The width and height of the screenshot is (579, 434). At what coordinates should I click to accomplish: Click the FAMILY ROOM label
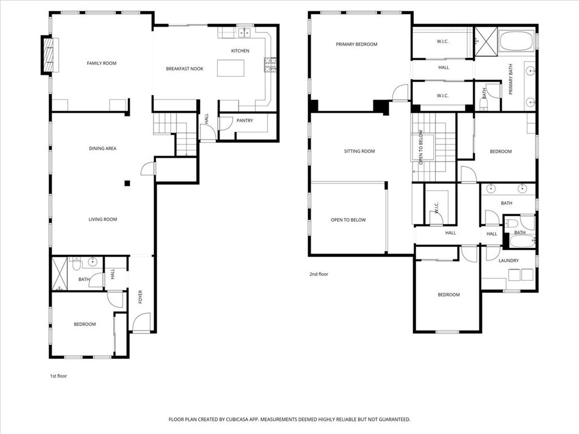click(102, 63)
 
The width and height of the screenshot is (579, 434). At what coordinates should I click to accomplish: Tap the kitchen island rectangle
click(231, 68)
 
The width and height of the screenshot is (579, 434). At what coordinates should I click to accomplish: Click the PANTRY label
click(245, 120)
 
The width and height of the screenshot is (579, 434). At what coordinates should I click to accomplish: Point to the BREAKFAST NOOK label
click(185, 68)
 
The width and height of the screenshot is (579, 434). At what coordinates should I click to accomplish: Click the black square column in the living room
click(127, 183)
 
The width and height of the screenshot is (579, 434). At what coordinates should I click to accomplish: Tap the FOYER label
click(140, 297)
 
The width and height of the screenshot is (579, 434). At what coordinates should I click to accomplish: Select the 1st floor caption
click(58, 376)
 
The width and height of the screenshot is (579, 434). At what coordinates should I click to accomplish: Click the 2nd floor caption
click(319, 274)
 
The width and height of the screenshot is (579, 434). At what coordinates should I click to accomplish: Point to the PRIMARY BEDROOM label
click(357, 44)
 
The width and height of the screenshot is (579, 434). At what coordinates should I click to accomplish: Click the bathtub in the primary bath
click(516, 41)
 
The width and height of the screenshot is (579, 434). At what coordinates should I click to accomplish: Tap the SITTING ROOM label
click(359, 151)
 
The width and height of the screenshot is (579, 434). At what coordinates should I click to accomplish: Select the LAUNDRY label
click(508, 261)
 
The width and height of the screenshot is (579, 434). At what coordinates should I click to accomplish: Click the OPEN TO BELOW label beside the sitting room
click(348, 220)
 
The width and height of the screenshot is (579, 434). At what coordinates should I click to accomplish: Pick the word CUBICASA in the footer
click(240, 420)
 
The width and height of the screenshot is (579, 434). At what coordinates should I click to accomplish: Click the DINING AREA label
click(103, 149)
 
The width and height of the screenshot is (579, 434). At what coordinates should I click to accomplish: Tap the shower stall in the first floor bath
click(59, 274)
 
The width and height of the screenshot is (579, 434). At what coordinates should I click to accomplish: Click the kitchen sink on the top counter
click(244, 33)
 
